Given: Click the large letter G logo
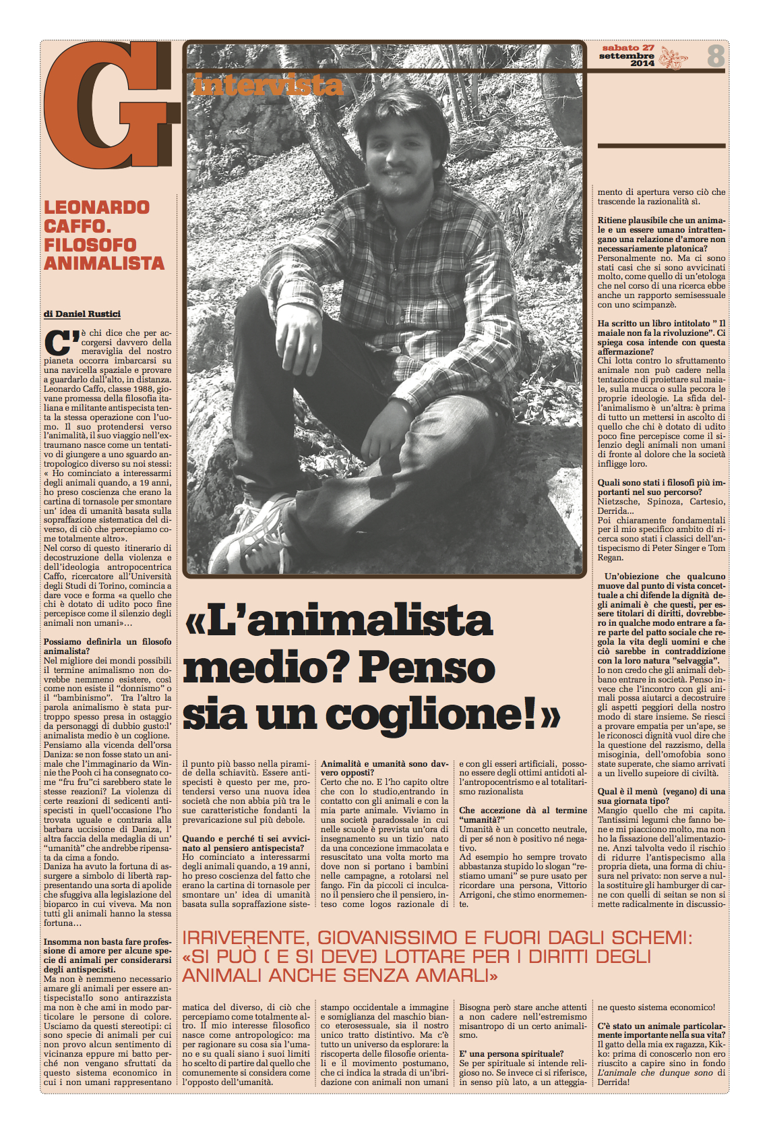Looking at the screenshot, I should (108, 105).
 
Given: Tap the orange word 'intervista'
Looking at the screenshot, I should (268, 85).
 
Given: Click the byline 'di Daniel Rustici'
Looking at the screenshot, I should (82, 314).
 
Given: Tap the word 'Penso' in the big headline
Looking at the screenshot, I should (427, 668).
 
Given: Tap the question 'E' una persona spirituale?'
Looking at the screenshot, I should (511, 1053).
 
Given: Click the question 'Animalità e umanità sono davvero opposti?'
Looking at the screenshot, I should (384, 768).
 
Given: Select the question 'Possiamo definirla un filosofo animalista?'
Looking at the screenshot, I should (108, 646).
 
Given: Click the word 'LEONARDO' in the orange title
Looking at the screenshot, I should (97, 207).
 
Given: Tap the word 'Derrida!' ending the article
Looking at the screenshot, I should (613, 1082).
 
